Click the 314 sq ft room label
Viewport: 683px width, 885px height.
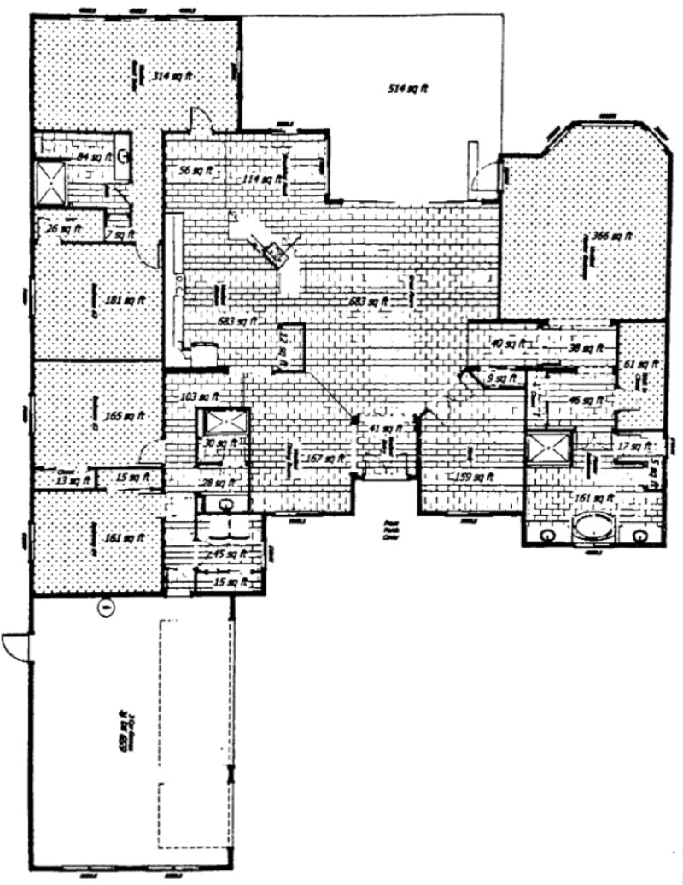(172, 75)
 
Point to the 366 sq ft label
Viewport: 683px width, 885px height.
(613, 236)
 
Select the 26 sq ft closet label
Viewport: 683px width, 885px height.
(61, 228)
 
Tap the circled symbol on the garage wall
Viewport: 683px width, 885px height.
(106, 607)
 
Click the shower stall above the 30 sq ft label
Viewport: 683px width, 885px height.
(224, 422)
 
